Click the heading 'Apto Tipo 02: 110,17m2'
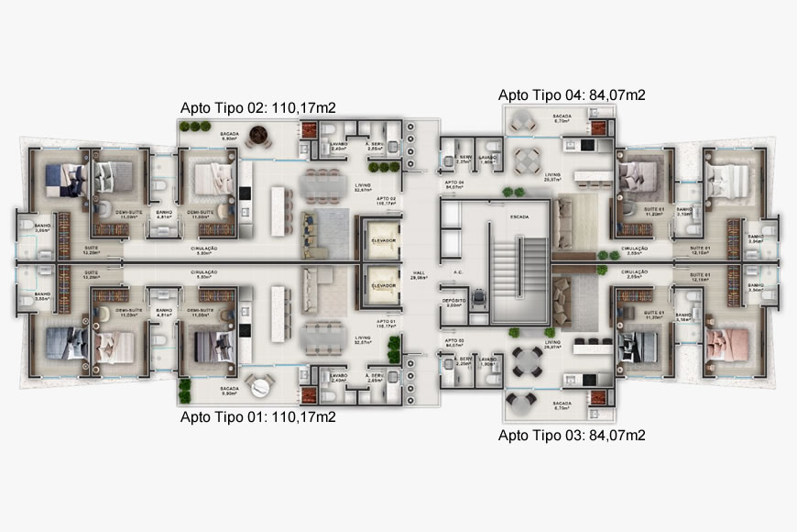click(x=257, y=107)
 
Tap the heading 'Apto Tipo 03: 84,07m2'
click(x=572, y=435)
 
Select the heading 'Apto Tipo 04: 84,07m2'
click(x=572, y=94)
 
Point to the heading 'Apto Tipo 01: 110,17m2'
click(x=257, y=417)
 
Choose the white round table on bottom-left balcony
click(x=259, y=387)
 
